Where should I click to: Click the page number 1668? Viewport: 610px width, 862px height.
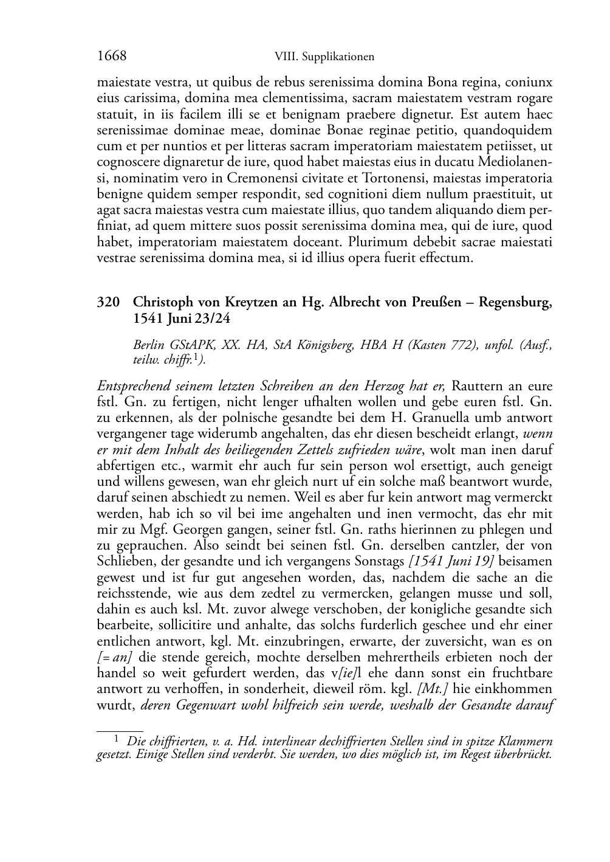pos(111,56)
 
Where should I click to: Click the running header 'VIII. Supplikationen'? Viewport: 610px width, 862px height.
pos(324,57)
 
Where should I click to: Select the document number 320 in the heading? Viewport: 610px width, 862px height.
pos(108,302)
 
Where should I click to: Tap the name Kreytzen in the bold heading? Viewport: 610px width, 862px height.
pos(245,302)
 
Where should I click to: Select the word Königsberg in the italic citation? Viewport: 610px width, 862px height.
pos(326,345)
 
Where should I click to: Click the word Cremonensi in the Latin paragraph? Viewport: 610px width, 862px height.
pos(260,178)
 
